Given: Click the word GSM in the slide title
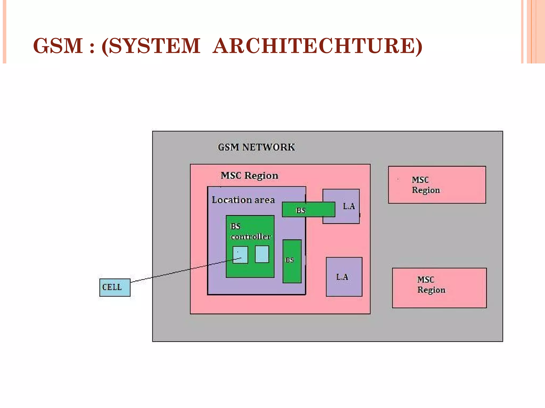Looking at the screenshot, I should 58,46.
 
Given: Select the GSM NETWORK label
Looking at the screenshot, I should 256,147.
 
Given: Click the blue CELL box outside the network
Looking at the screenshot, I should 115,287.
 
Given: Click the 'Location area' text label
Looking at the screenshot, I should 243,200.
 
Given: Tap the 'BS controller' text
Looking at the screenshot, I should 250,231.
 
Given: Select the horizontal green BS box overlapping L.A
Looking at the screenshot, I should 308,210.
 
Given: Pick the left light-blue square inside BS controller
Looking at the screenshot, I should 240,254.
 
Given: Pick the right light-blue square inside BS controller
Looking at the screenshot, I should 262,254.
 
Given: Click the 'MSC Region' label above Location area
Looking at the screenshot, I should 249,176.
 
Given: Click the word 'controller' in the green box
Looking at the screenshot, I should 251,236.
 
